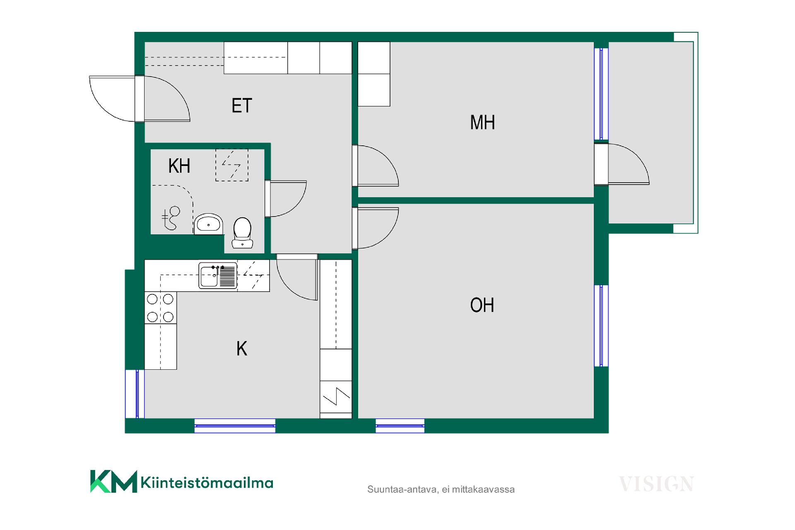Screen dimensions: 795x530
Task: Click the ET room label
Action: pyautogui.click(x=242, y=106)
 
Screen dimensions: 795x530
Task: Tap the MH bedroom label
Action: pyautogui.click(x=482, y=123)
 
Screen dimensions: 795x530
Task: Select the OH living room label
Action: pyautogui.click(x=482, y=305)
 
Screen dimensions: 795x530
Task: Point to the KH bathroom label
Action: pyautogui.click(x=179, y=166)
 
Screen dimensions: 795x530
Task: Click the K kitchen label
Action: pyautogui.click(x=242, y=349)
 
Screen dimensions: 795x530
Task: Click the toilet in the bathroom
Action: pyautogui.click(x=242, y=233)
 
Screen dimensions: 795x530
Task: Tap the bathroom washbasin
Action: pyautogui.click(x=208, y=224)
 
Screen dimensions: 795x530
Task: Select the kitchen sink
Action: pyautogui.click(x=218, y=275)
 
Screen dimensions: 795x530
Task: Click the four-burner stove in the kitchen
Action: pyautogui.click(x=160, y=308)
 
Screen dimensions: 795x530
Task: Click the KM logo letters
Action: pyautogui.click(x=113, y=481)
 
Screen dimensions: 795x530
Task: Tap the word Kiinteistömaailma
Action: pyautogui.click(x=207, y=483)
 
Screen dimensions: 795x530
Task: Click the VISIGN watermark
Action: pyautogui.click(x=656, y=484)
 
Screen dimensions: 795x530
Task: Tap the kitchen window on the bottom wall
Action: pyautogui.click(x=235, y=426)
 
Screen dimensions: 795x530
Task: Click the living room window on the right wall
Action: pyautogui.click(x=601, y=326)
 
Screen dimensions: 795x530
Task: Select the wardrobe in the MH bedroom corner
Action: pyautogui.click(x=374, y=74)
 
